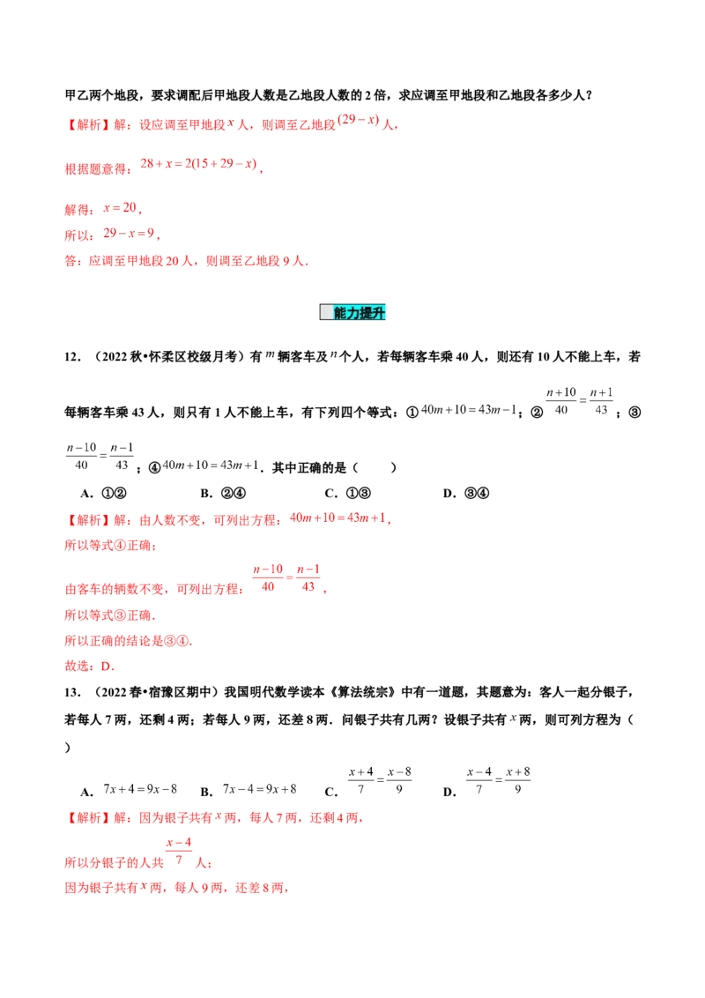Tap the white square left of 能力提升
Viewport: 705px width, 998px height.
click(326, 313)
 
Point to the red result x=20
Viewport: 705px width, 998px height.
click(121, 210)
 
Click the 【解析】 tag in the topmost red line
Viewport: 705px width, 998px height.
click(80, 125)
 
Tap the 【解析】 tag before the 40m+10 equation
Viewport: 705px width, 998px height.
click(80, 519)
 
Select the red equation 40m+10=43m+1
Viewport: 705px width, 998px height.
click(339, 519)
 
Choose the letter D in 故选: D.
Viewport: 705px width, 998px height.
click(108, 667)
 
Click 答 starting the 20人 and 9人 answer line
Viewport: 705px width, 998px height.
click(68, 261)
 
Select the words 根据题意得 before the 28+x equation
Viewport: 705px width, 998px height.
click(97, 168)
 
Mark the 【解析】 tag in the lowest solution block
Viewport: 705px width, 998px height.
click(80, 819)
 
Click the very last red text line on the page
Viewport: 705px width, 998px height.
click(176, 890)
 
